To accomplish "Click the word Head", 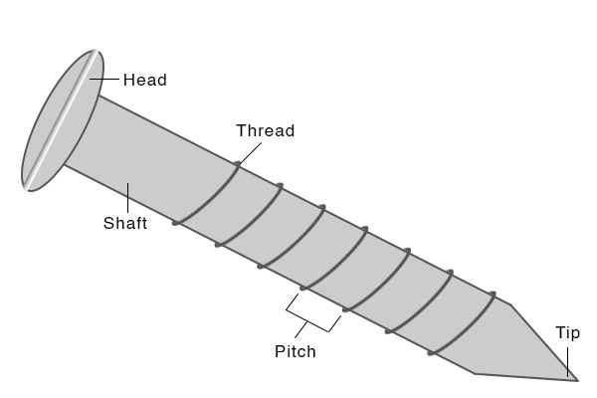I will [144, 80].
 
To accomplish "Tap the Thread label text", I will [266, 131].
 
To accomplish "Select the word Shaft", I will [125, 223].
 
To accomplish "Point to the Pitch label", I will [295, 351].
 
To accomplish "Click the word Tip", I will [568, 333].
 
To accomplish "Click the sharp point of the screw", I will [576, 377].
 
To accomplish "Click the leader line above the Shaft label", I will [129, 197].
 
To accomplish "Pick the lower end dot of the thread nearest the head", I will [176, 223].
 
